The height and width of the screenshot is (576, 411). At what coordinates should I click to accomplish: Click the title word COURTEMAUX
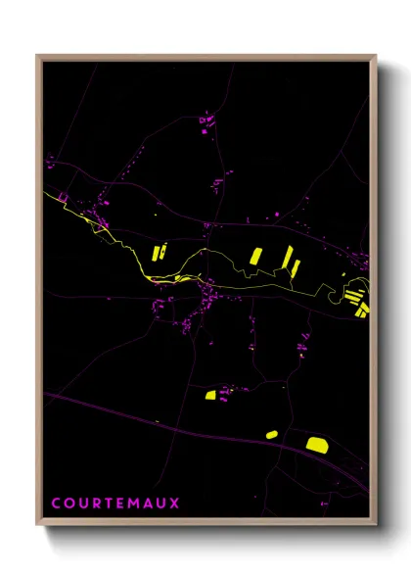click(115, 504)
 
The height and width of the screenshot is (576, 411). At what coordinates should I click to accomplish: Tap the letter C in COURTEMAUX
click(56, 504)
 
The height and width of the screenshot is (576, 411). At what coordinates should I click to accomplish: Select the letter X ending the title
click(175, 504)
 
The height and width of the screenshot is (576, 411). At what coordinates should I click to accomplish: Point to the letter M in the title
click(133, 504)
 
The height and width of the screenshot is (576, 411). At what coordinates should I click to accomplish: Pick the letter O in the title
click(68, 504)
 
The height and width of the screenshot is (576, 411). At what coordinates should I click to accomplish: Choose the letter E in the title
click(119, 504)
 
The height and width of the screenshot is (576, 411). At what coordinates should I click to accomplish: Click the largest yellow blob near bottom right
click(316, 445)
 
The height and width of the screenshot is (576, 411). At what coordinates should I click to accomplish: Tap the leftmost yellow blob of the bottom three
click(209, 396)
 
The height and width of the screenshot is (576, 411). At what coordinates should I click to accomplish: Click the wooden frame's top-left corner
click(38, 57)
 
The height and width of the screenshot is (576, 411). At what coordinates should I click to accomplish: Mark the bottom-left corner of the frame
click(38, 524)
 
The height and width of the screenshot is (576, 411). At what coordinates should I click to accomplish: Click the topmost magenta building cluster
click(205, 123)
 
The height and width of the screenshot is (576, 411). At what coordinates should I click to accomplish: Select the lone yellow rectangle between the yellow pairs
click(254, 256)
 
